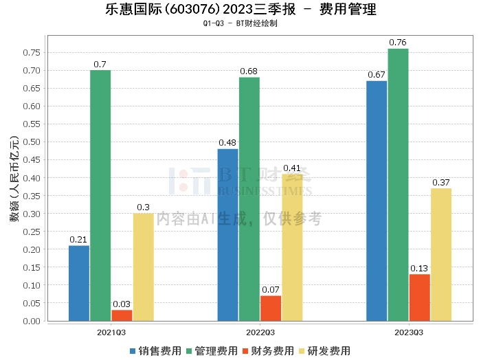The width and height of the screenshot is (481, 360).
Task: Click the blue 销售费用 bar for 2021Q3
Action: (x=79, y=283)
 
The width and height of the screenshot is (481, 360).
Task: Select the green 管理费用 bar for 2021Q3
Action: (x=100, y=195)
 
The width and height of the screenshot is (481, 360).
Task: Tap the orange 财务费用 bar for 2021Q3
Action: (x=122, y=315)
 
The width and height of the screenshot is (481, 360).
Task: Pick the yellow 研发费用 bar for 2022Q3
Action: (x=292, y=247)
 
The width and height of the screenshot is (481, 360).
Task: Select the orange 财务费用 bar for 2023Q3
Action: (x=419, y=297)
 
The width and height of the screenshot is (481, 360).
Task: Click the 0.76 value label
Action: (x=398, y=43)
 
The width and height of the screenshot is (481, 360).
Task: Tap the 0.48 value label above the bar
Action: (x=227, y=143)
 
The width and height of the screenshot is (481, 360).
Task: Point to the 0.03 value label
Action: (x=122, y=304)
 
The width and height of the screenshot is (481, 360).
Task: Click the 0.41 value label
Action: (x=292, y=168)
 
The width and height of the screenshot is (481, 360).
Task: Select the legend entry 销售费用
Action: (x=155, y=351)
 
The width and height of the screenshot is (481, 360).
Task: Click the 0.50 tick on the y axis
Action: (x=31, y=142)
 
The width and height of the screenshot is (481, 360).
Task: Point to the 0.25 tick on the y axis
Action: (x=31, y=232)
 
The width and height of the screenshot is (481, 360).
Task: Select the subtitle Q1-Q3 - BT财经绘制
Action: (x=240, y=23)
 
